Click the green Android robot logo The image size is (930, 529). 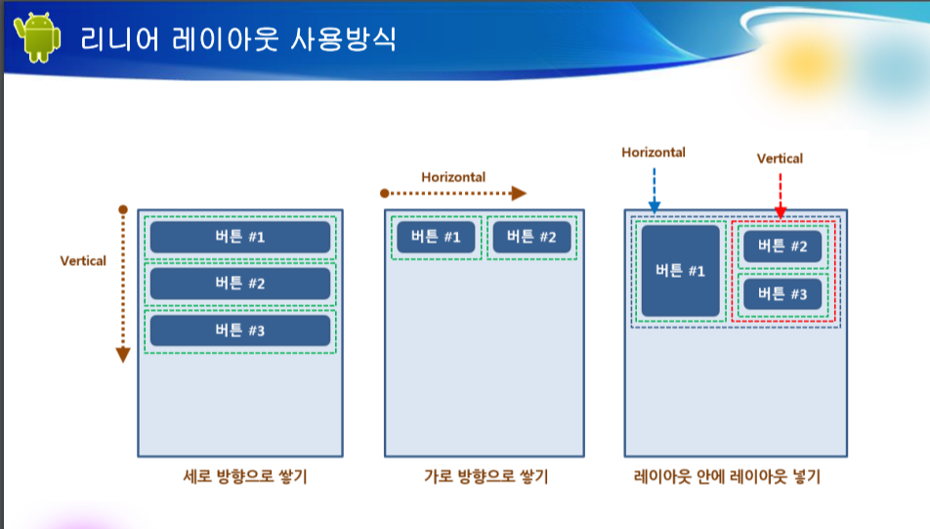point(37,37)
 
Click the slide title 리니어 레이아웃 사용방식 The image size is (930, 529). point(238,39)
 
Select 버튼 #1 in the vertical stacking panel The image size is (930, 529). point(240,237)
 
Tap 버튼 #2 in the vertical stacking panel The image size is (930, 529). point(240,284)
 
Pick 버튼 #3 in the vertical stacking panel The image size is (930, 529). point(240,331)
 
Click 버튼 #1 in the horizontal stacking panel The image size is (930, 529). point(436,237)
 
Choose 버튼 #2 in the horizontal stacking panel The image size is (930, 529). point(532,237)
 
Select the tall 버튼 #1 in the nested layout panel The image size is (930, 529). point(680,271)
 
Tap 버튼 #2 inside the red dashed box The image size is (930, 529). point(782,246)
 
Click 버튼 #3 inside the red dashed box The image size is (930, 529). point(782,294)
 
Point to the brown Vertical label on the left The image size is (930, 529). point(83,261)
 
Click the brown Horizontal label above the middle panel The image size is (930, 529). point(453,177)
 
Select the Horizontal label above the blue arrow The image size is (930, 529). point(654,153)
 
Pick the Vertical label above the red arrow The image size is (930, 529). point(780,158)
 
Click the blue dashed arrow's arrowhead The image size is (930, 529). point(655,207)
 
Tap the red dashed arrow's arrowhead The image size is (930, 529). point(781,212)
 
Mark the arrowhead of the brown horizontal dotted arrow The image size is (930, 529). point(519,193)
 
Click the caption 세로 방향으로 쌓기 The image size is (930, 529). point(245,476)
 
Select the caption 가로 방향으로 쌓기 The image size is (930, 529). point(486,476)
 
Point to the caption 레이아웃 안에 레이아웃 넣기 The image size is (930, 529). point(727,476)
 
